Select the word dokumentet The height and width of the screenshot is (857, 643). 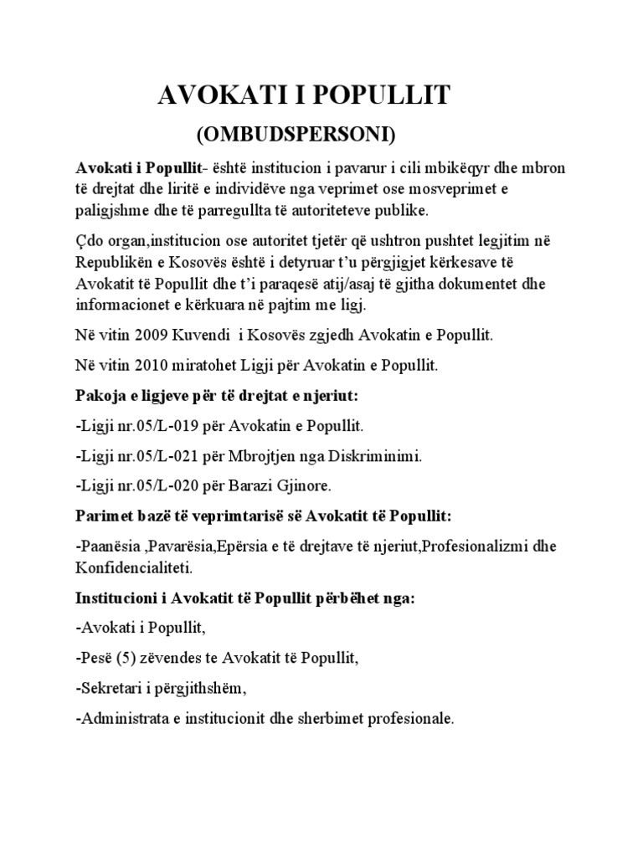pos(498,284)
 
